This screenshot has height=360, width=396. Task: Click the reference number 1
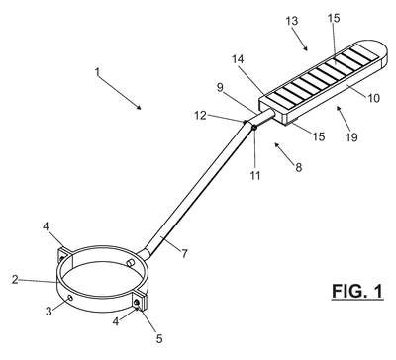pos(97,72)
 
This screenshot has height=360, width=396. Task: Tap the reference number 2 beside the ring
pos(15,280)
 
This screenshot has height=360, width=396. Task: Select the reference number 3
pos(49,311)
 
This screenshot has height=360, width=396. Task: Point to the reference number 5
pos(159,338)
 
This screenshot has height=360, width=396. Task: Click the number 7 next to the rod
pos(184,253)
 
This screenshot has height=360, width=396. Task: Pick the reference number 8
pos(298,168)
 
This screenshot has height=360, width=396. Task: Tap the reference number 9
pos(220,88)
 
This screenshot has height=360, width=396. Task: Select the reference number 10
pos(374,98)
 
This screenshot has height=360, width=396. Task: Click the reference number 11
pos(255,175)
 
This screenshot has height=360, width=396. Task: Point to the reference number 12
pos(200,115)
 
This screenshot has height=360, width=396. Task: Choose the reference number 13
pos(292,21)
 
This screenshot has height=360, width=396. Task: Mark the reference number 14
pos(238,59)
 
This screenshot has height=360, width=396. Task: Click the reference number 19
pos(351,137)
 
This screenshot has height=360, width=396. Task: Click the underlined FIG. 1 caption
pos(357,292)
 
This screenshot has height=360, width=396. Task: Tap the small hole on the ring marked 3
pos(69,298)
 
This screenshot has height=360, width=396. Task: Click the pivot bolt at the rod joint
pos(254,127)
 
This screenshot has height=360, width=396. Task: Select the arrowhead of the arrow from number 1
pos(140,107)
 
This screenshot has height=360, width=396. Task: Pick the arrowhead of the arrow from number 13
pos(306,48)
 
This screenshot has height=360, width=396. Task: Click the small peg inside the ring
pos(130,262)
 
